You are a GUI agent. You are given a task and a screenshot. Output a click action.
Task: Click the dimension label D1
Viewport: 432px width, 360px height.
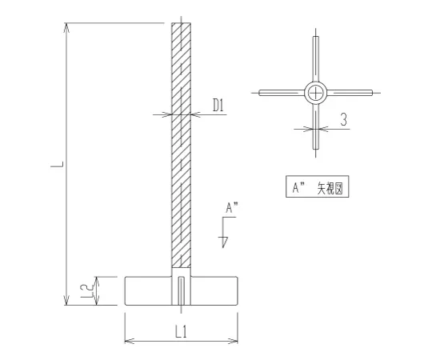pos(218,106)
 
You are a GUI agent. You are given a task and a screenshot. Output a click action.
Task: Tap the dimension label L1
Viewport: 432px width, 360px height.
pos(182,331)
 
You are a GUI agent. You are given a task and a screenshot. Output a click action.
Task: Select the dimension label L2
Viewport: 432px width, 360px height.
pos(86,291)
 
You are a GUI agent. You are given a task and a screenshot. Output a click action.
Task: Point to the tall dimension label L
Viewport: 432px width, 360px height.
pos(58,164)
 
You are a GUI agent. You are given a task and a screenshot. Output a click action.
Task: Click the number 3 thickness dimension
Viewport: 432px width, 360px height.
pos(343,120)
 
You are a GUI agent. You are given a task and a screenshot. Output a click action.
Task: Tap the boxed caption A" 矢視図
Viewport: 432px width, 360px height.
pos(318,186)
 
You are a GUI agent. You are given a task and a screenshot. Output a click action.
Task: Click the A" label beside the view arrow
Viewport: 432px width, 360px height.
pos(232,208)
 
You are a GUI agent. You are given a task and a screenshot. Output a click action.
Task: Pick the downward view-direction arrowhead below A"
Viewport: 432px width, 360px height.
pos(225,242)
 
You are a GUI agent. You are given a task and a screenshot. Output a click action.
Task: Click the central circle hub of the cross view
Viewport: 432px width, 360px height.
pos(316,93)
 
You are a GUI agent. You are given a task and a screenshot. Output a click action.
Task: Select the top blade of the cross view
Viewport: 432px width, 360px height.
pos(316,59)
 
